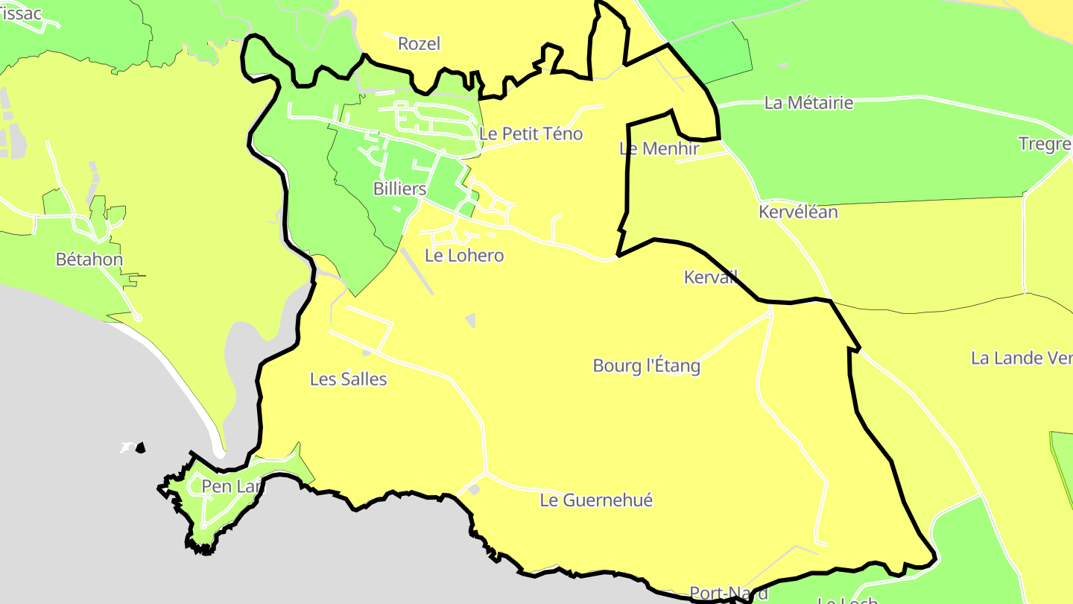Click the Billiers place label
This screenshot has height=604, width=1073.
click(x=399, y=189)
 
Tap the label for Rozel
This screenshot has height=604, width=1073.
click(x=419, y=44)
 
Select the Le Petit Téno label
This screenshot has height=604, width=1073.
click(x=531, y=134)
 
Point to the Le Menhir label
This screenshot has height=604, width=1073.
click(x=659, y=148)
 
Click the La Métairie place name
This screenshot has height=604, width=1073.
click(x=808, y=103)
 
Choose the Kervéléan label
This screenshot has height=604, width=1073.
click(x=798, y=213)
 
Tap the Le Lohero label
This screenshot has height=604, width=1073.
click(x=464, y=256)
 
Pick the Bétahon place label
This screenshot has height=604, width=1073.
click(x=89, y=260)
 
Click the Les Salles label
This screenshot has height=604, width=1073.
click(x=349, y=380)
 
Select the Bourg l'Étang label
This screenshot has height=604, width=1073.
click(x=647, y=366)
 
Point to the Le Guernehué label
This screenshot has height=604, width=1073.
click(x=596, y=500)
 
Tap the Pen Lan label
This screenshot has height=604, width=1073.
click(x=232, y=487)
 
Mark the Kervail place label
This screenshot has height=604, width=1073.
click(x=710, y=277)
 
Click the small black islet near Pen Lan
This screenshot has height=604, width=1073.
click(x=140, y=447)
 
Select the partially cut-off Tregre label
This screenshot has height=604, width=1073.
click(x=1045, y=144)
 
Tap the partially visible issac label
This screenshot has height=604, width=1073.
click(x=21, y=13)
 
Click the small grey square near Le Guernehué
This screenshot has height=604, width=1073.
click(x=475, y=489)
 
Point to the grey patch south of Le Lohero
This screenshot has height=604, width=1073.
click(x=470, y=320)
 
